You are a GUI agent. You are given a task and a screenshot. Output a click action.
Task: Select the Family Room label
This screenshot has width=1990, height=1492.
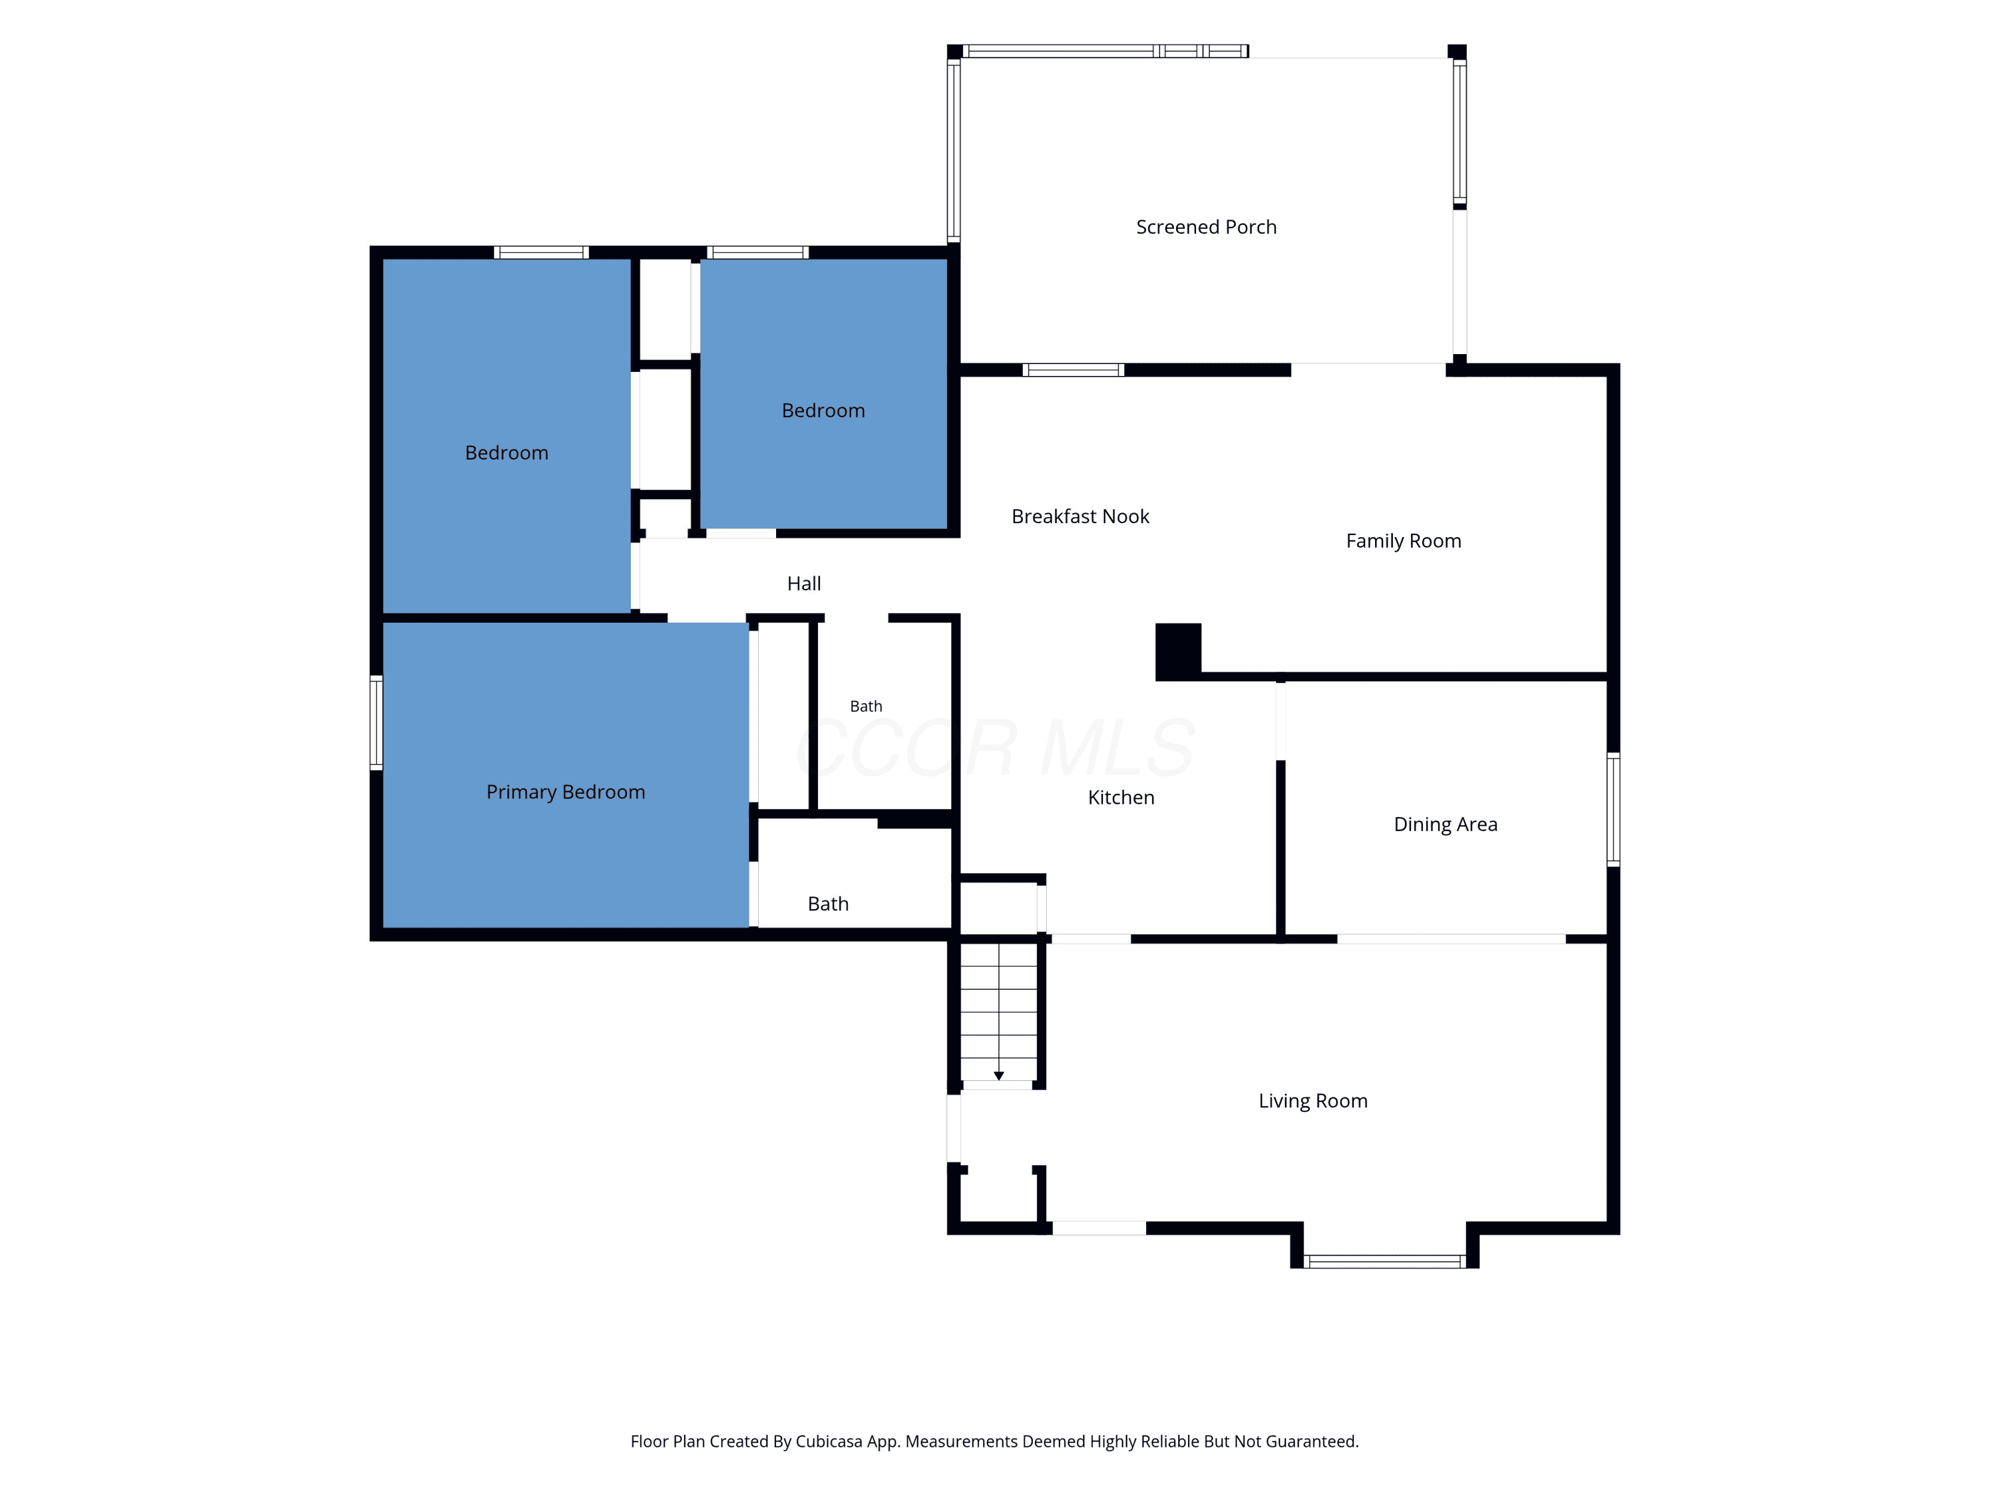click(x=1404, y=541)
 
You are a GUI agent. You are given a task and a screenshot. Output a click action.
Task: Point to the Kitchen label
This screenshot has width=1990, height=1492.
click(x=1120, y=798)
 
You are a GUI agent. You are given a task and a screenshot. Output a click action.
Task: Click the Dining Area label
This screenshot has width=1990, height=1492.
click(x=1445, y=825)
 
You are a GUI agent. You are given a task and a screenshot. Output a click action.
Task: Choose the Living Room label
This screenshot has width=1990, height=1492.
click(x=1313, y=1101)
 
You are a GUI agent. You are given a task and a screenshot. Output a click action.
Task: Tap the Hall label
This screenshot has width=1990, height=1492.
click(x=803, y=584)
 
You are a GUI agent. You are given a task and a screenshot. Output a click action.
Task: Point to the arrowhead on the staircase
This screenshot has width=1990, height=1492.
click(x=998, y=1076)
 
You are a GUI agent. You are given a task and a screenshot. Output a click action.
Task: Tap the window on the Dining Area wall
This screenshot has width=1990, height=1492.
click(x=1613, y=810)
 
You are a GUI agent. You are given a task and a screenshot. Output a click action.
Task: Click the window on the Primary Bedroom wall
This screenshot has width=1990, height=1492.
click(x=376, y=723)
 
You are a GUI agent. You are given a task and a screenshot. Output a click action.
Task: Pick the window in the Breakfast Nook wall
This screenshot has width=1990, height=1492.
click(x=1073, y=369)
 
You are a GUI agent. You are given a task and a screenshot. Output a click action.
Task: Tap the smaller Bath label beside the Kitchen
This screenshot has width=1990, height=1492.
click(x=866, y=707)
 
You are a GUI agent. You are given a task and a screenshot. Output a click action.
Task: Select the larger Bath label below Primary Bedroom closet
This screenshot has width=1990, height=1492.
click(x=828, y=904)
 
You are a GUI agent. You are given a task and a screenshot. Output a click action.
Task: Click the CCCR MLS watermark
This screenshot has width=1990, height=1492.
click(x=996, y=748)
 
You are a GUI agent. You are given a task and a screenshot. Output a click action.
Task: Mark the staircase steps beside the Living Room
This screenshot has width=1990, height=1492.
click(x=998, y=1012)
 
